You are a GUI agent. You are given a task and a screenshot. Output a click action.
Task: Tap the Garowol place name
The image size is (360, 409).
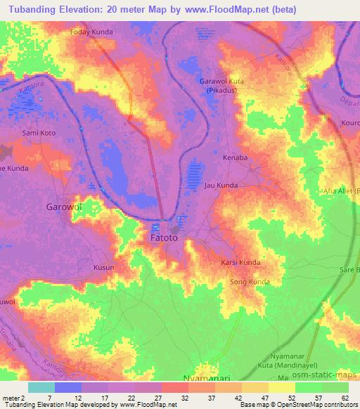(x=65, y=207)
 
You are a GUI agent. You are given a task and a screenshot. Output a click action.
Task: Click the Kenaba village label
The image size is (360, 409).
(x=235, y=157)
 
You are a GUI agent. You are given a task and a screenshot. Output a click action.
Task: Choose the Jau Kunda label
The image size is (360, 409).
(x=220, y=186)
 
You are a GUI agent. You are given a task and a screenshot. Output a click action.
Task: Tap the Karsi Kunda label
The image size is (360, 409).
(x=240, y=262)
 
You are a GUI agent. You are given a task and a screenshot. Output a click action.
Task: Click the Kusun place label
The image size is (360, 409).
(x=103, y=268)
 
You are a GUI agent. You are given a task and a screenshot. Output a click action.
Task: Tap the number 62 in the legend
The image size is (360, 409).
(x=344, y=397)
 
